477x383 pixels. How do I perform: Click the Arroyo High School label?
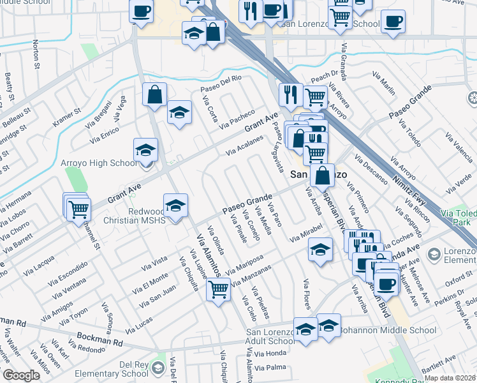click(x=98, y=163)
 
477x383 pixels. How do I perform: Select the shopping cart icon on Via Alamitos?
click(x=219, y=289)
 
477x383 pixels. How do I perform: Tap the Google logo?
click(x=22, y=375)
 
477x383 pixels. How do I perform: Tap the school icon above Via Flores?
click(x=320, y=249)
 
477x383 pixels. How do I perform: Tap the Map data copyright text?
click(x=450, y=378)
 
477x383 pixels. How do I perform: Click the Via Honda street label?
click(x=270, y=353)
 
